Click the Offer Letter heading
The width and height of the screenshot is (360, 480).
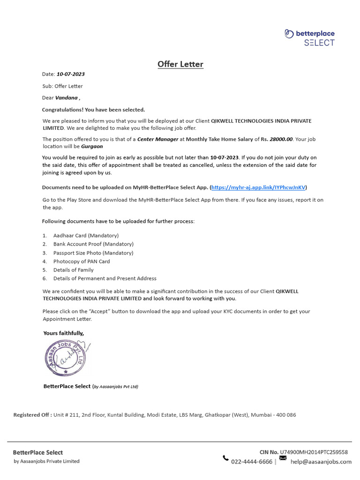click(180, 64)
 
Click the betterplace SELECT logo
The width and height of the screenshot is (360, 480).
click(309, 37)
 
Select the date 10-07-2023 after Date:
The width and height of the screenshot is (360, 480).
click(71, 74)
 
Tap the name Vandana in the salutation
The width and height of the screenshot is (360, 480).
click(67, 98)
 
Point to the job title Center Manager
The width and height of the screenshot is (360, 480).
click(157, 139)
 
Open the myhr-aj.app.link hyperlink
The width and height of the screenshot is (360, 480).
click(258, 187)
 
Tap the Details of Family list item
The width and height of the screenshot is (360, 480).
click(73, 270)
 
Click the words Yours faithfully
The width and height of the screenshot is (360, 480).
click(64, 333)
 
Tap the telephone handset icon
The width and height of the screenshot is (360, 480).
click(225, 458)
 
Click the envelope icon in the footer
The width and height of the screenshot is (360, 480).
click(283, 457)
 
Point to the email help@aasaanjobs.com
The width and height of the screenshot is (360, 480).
click(321, 462)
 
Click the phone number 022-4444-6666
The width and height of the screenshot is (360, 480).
click(252, 462)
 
